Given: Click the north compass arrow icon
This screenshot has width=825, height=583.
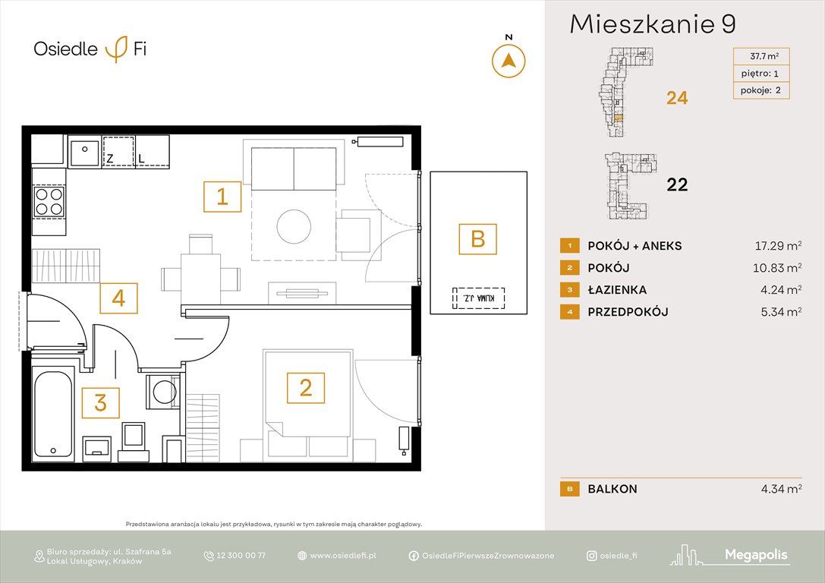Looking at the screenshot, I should pos(509,61).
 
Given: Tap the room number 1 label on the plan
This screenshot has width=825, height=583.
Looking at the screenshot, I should pos(222,197).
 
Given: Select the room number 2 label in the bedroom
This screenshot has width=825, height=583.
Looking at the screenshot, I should pos(305,388).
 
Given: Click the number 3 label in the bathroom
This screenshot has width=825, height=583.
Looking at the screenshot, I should pos(100,402).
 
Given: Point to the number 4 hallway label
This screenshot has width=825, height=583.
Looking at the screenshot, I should pos(118,298).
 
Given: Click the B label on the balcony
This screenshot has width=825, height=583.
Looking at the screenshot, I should pos(477,239).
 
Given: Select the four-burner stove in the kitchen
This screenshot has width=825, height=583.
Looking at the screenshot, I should pos(49,200).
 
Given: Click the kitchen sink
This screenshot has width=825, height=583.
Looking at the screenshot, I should pos(84,153).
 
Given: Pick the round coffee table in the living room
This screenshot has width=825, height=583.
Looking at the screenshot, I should pos(294,225).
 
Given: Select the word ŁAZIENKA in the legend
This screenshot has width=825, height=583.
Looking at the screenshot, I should pos(617,290).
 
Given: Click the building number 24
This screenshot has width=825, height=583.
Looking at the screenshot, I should pos(676,98).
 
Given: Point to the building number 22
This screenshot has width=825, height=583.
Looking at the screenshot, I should pos(676,184).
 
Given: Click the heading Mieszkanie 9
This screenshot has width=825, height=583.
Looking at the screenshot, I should pos(652,24).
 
